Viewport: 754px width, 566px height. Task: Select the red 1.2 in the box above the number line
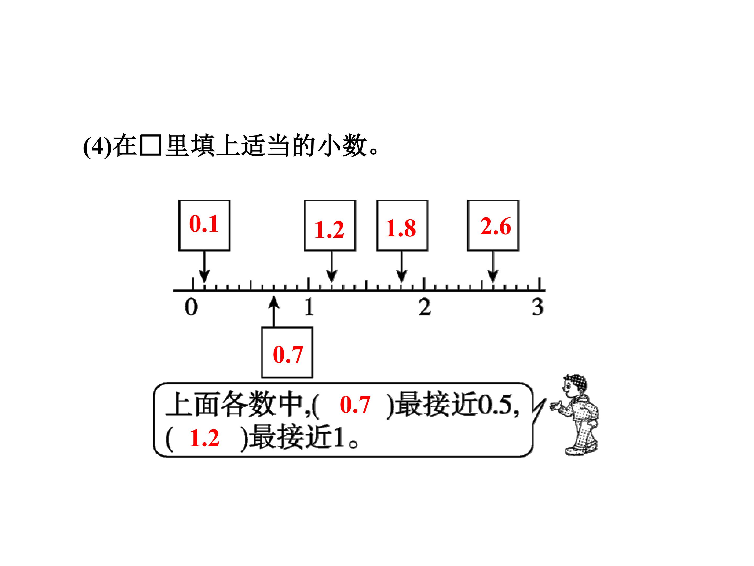click(x=329, y=230)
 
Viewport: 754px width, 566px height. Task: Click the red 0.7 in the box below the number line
click(x=288, y=355)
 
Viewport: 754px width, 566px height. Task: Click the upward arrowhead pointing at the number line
click(x=274, y=303)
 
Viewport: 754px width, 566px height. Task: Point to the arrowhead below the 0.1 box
click(x=204, y=276)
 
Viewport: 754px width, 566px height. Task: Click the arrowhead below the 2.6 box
click(x=493, y=276)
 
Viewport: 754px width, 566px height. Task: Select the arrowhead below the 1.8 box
click(x=402, y=276)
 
